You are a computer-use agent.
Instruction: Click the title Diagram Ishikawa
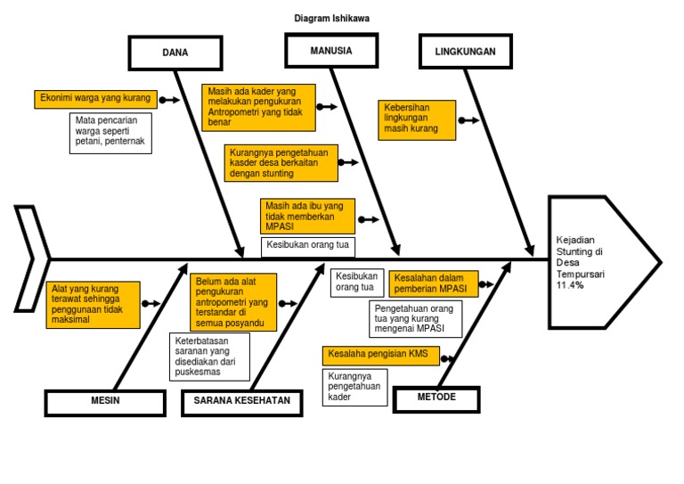(331, 18)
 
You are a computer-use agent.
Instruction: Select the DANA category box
(175, 53)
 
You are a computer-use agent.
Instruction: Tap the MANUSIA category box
(330, 51)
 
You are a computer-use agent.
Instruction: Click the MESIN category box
(105, 401)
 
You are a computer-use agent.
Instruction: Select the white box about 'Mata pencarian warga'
(110, 132)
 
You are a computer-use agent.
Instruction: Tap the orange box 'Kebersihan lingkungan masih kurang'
(417, 119)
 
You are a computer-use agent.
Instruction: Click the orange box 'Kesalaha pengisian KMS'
(378, 355)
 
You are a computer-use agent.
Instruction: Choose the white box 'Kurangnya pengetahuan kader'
(354, 387)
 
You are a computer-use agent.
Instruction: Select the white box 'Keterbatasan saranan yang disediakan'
(209, 356)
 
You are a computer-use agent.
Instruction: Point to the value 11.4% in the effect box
(567, 285)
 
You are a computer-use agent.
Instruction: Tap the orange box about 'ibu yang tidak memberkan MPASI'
(308, 217)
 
